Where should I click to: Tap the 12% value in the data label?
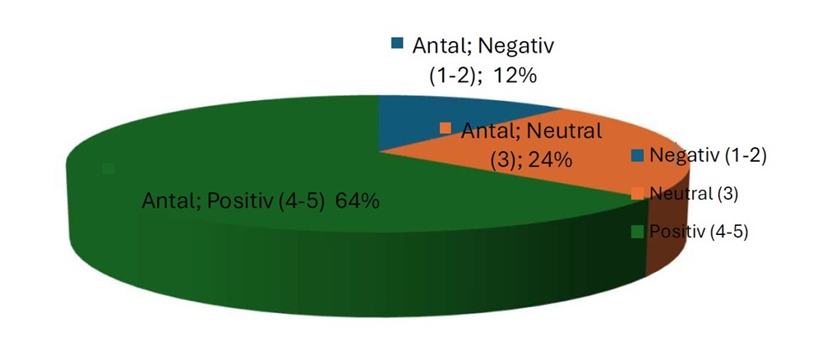tap(515, 76)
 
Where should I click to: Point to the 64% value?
tap(358, 201)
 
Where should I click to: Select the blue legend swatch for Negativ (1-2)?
tap(637, 155)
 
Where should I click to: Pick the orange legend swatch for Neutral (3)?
tap(637, 193)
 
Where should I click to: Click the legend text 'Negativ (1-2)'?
tap(707, 155)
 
